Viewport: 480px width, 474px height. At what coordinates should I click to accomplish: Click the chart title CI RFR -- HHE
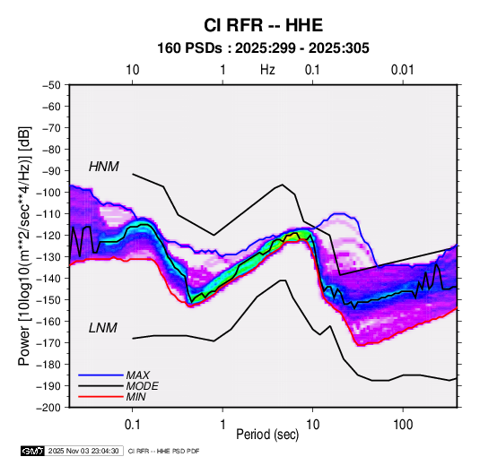(x=263, y=25)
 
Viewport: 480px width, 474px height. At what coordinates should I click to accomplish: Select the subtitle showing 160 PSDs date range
(x=263, y=48)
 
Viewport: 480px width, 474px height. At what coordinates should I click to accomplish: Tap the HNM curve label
(x=104, y=167)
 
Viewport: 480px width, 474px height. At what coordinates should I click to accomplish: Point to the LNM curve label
(x=103, y=328)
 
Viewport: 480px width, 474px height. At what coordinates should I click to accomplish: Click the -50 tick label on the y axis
(x=51, y=85)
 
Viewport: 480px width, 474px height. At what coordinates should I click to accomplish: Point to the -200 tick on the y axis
(x=49, y=408)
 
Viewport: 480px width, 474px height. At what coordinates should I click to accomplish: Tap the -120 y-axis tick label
(x=49, y=236)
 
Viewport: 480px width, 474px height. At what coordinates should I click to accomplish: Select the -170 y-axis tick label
(x=49, y=343)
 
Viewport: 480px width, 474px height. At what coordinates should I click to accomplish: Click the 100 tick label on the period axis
(x=403, y=425)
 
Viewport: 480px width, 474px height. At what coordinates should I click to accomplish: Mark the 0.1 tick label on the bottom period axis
(x=132, y=425)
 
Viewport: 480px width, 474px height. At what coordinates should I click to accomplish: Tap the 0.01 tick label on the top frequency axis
(x=402, y=70)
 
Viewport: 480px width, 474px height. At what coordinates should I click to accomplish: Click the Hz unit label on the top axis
(x=267, y=70)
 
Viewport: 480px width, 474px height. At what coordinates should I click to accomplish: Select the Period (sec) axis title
(x=267, y=435)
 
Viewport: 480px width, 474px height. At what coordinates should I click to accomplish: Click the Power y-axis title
(x=24, y=246)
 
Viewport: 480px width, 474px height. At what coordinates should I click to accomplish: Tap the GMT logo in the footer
(x=33, y=451)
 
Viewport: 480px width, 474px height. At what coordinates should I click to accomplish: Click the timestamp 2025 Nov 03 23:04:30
(x=83, y=451)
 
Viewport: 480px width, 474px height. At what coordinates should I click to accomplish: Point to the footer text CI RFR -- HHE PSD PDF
(x=164, y=451)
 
